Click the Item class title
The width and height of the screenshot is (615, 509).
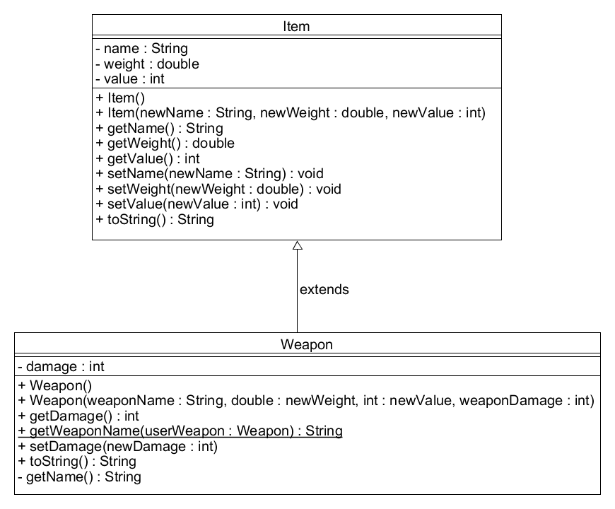click(x=296, y=26)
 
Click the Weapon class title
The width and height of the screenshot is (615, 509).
click(x=307, y=345)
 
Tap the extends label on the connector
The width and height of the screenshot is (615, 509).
click(x=324, y=289)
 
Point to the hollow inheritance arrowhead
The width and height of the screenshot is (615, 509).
click(x=298, y=245)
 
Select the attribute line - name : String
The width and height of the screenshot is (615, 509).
click(x=141, y=48)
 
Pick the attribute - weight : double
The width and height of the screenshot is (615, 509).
click(x=148, y=64)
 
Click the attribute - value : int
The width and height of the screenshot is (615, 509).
click(x=130, y=78)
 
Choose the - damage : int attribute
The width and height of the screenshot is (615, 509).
click(x=61, y=367)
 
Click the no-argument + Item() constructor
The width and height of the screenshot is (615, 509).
click(x=120, y=98)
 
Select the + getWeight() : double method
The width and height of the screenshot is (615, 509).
click(x=165, y=143)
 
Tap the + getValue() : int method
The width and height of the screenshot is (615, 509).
click(x=148, y=159)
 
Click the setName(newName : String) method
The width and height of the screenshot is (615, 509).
click(x=210, y=174)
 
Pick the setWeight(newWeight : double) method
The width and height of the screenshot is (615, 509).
click(x=218, y=189)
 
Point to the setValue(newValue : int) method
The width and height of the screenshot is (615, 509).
click(x=197, y=204)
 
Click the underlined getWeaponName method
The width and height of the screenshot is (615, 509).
click(x=180, y=431)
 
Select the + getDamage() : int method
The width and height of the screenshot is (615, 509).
click(x=78, y=416)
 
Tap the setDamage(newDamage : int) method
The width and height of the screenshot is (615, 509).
click(x=117, y=447)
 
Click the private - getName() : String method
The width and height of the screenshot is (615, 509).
click(x=80, y=477)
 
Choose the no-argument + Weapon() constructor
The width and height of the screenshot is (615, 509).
click(x=55, y=386)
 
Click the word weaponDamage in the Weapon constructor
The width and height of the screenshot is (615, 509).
click(x=510, y=401)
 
